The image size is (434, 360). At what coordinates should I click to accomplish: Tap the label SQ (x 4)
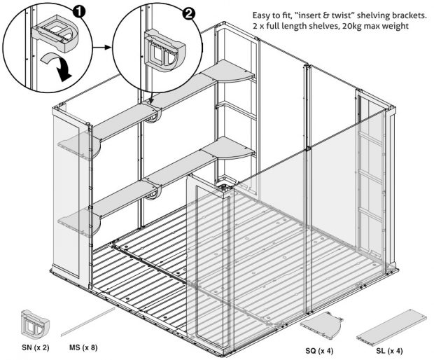point(320,349)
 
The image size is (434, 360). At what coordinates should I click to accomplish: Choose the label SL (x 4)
point(389,349)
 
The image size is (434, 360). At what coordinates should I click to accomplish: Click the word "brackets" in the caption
point(393,15)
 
